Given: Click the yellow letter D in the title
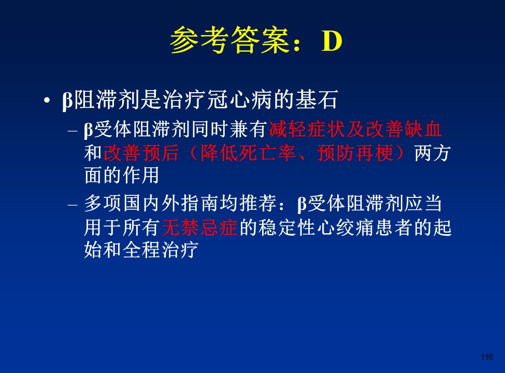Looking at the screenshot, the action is point(331,41).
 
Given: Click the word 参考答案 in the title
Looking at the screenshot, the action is point(230,40).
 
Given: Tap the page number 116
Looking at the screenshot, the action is point(487,357).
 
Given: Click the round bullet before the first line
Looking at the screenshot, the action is point(47,100).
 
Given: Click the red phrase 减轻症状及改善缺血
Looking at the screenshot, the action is point(355,129).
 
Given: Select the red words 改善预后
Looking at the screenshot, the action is point(141,153).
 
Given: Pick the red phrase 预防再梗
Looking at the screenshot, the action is point(355,153).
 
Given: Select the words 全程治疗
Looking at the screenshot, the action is point(161,250).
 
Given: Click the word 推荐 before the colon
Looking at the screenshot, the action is point(258,204).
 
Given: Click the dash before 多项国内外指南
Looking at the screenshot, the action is point(73,205).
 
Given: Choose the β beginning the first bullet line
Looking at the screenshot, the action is point(67,101).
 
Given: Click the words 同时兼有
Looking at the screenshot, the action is point(229,129).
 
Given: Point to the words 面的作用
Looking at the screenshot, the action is point(121,175).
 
